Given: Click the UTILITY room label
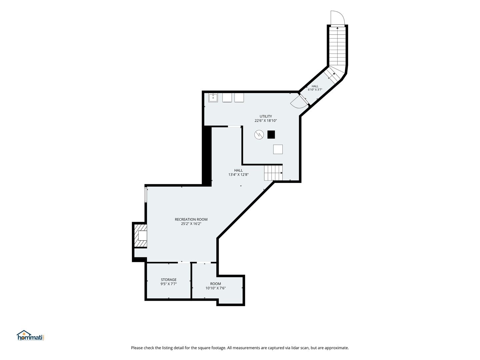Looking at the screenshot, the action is pyautogui.click(x=265, y=116).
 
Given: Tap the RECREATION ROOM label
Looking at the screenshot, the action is pyautogui.click(x=191, y=219).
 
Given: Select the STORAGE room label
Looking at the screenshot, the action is pyautogui.click(x=168, y=280).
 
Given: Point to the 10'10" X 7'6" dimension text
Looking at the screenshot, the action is pyautogui.click(x=215, y=288).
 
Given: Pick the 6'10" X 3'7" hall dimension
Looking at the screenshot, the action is pyautogui.click(x=315, y=89).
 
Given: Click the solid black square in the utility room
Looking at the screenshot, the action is pyautogui.click(x=271, y=134).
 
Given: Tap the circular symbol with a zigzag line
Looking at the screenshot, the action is pyautogui.click(x=259, y=135).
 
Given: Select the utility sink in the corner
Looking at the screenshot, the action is pyautogui.click(x=213, y=98).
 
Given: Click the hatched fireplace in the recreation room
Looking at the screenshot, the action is pyautogui.click(x=140, y=236).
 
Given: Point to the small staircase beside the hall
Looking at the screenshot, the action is pyautogui.click(x=273, y=173).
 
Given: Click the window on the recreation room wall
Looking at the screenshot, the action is pyautogui.click(x=146, y=194).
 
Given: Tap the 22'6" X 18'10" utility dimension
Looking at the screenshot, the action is pyautogui.click(x=265, y=120).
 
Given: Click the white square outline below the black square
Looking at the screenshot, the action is pyautogui.click(x=278, y=149).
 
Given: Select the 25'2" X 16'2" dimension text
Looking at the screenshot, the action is pyautogui.click(x=191, y=224).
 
